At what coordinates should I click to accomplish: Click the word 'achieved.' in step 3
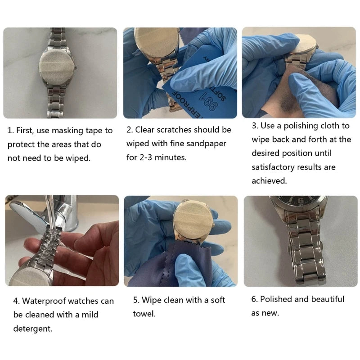click(269, 181)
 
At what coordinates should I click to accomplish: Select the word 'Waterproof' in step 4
click(44, 301)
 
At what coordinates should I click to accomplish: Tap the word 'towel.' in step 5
click(144, 314)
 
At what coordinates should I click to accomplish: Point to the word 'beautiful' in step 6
click(327, 299)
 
